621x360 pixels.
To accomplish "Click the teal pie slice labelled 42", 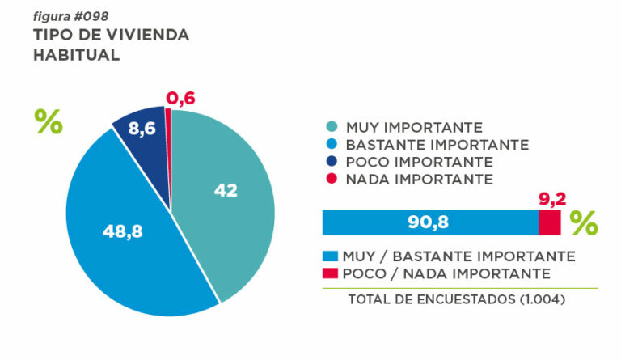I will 230,202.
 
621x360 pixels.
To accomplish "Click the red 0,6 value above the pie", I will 180,99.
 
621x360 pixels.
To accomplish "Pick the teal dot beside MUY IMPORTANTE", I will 332,128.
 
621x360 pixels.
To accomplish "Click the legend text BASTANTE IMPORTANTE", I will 437,145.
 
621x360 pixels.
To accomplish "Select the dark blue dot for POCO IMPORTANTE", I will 332,162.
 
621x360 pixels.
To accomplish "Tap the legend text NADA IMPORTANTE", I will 419,179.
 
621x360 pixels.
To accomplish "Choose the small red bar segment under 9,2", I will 550,222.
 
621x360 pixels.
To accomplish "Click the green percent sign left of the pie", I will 49,121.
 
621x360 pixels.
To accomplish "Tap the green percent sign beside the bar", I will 584,222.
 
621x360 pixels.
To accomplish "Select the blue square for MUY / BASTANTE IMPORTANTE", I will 330,256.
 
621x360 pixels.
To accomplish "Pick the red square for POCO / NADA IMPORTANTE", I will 330,273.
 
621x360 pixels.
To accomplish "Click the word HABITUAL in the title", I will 77,55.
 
